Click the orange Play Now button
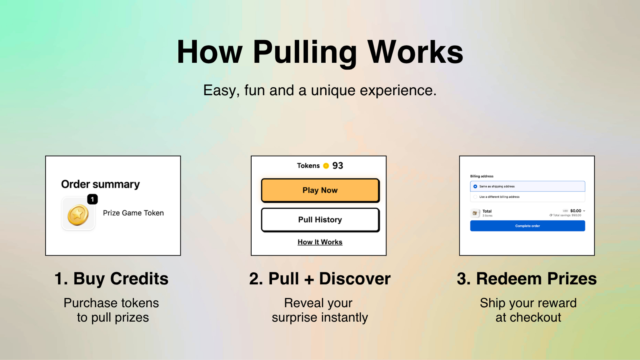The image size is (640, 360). (320, 190)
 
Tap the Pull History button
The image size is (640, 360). (320, 220)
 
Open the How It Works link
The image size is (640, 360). (320, 242)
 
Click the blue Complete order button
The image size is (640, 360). (528, 226)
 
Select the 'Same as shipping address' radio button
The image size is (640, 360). (475, 186)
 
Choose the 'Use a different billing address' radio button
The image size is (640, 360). (475, 197)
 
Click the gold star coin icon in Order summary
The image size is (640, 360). (78, 215)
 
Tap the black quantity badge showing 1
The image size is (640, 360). (92, 199)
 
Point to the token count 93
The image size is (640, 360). (338, 166)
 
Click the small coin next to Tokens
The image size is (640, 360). (326, 166)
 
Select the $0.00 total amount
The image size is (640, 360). (576, 211)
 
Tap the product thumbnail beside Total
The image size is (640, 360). (475, 213)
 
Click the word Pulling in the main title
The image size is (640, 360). (305, 52)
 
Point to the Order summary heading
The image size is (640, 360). (100, 184)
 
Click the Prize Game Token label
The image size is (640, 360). (134, 213)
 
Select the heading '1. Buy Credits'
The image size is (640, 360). (112, 278)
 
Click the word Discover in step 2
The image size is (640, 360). (355, 278)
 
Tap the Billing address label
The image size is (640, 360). (482, 176)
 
